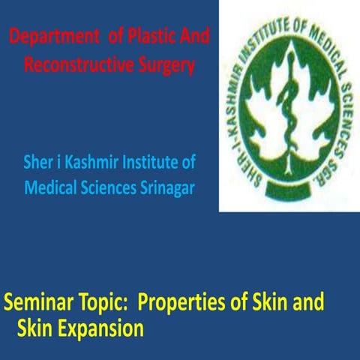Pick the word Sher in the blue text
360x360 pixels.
(40, 161)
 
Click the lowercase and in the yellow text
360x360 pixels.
(309, 304)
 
